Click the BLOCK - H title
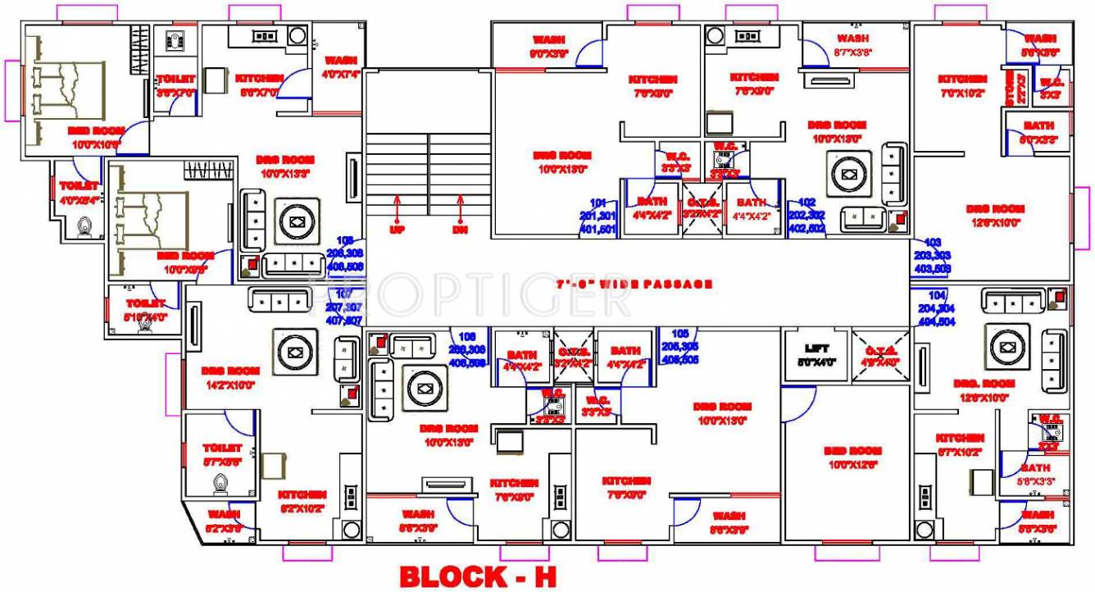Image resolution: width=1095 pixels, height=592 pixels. tap(478, 576)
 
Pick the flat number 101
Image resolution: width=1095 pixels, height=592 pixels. tap(598, 203)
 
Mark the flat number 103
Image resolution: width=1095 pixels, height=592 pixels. tap(932, 244)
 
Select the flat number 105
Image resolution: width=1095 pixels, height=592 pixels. tap(679, 334)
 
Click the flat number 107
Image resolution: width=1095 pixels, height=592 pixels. tap(344, 294)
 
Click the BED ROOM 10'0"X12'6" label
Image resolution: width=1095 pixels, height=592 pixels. tap(853, 457)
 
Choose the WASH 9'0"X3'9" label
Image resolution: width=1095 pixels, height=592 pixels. tap(548, 46)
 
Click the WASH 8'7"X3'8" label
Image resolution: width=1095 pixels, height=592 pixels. tap(852, 44)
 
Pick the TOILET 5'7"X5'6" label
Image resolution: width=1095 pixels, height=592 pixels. tap(222, 453)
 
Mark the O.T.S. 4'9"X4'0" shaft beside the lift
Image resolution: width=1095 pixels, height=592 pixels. tap(880, 353)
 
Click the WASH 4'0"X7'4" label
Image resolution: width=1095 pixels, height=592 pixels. tap(340, 66)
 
